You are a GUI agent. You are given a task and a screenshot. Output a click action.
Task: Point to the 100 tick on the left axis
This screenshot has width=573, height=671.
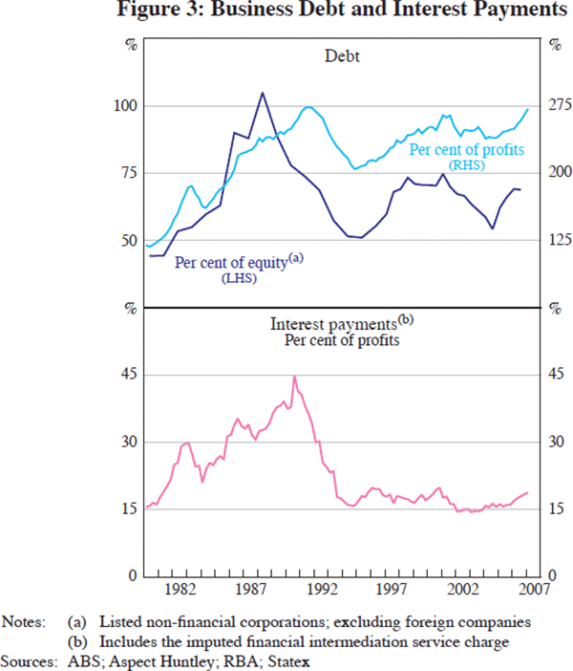click(x=125, y=105)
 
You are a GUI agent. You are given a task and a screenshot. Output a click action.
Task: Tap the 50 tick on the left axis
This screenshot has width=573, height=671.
click(x=129, y=240)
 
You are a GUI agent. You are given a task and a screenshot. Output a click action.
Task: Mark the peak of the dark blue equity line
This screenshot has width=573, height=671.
click(x=263, y=93)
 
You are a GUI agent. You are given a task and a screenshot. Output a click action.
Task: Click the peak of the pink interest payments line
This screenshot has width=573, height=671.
click(x=294, y=377)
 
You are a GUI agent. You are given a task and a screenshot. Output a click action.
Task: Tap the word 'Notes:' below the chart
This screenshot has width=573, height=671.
click(x=25, y=621)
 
